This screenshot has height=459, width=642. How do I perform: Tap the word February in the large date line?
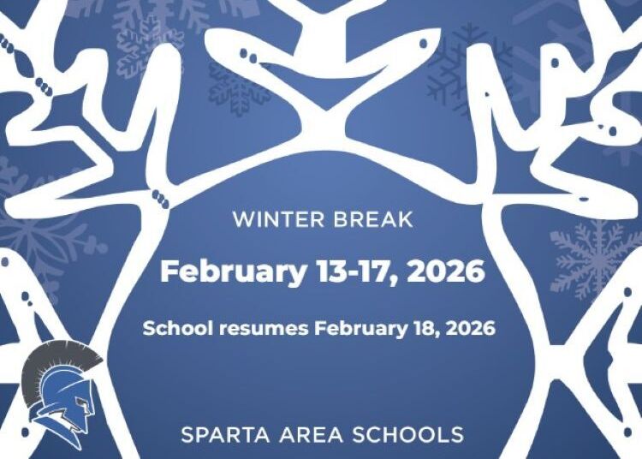point(232,271)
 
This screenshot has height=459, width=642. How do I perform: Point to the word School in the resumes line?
point(171,328)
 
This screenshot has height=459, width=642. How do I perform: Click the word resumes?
point(257,329)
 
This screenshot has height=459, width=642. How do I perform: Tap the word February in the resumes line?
point(358,328)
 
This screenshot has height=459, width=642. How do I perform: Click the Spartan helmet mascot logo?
point(62,391)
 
